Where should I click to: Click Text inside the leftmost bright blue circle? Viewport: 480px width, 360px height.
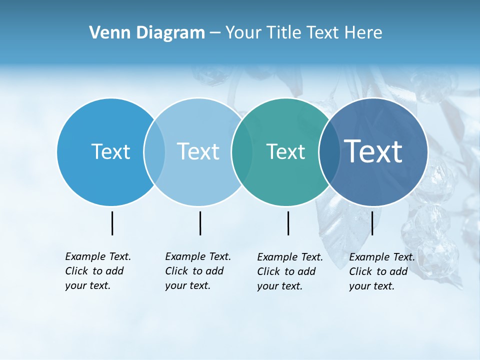(110, 151)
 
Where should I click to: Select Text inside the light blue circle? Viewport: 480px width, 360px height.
(198, 151)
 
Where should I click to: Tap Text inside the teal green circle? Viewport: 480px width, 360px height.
(285, 151)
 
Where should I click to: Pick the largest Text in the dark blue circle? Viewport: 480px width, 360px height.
(373, 151)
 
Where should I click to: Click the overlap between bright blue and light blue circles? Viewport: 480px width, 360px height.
(154, 151)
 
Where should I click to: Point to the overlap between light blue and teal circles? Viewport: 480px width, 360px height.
(242, 151)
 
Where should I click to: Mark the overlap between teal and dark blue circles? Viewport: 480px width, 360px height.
(329, 151)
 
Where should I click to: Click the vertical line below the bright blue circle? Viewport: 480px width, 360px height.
(112, 223)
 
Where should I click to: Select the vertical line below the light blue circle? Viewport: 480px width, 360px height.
(200, 223)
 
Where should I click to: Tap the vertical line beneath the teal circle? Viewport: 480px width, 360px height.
(288, 223)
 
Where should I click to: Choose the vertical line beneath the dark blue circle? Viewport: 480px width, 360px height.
(372, 223)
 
